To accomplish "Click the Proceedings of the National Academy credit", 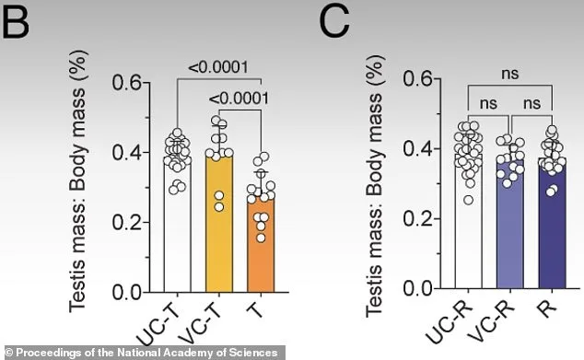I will [140, 352].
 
